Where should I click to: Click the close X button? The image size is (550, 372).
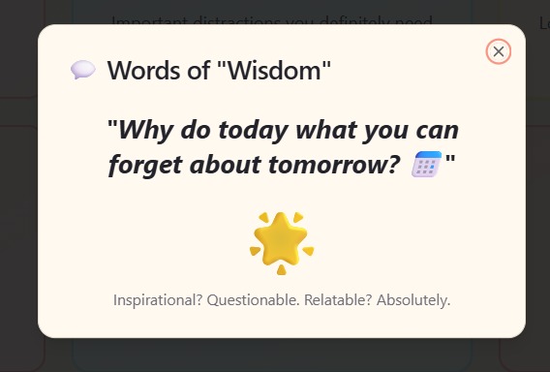[499, 51]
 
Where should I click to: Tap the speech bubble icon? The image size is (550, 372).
[82, 70]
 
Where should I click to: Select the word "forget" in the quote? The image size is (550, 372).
[143, 165]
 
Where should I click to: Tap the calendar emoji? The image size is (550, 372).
[426, 165]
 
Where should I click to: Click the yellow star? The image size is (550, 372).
[280, 237]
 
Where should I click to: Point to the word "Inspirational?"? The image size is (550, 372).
[158, 299]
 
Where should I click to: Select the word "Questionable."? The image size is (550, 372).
[254, 299]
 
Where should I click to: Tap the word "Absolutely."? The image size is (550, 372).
[413, 299]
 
